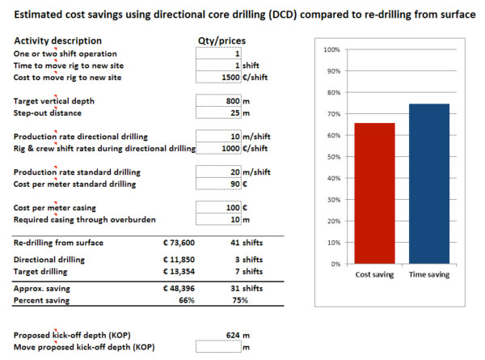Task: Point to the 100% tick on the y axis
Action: coord(331,50)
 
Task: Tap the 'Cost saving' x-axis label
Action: coord(375,275)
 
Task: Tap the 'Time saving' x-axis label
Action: coord(429,275)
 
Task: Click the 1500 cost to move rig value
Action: coord(230,76)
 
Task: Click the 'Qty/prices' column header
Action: coord(221,40)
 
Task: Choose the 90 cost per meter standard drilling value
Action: coord(235,184)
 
